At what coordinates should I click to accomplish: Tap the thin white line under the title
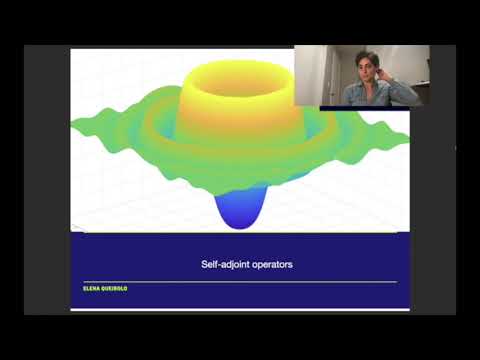point(240,282)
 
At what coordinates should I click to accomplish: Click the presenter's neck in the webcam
point(367,83)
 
